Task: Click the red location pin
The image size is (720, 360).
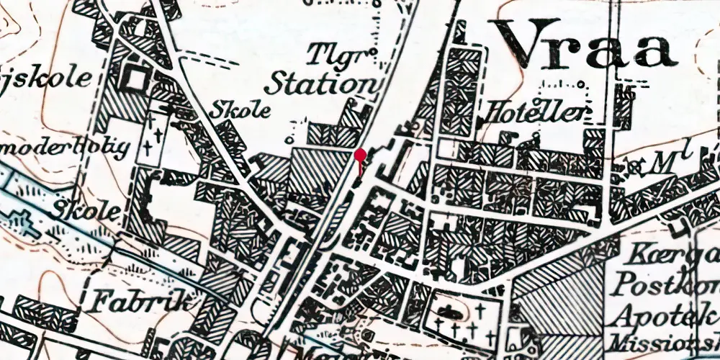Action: [x=360, y=156]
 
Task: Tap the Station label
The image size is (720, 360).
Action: [x=320, y=84]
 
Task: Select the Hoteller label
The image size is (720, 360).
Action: [x=537, y=112]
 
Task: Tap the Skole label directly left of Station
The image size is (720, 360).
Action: [x=241, y=109]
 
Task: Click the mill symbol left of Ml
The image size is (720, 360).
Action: [x=634, y=167]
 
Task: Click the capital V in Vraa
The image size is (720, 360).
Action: [x=522, y=43]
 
